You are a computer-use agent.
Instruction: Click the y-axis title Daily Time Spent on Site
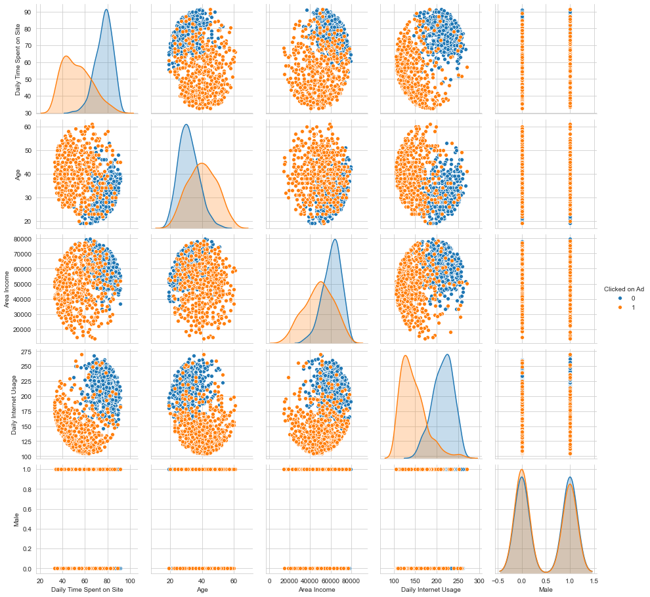[18, 60]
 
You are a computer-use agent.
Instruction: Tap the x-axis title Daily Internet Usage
[431, 590]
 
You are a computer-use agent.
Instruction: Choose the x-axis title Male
[546, 590]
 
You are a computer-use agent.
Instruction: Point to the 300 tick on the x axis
[478, 581]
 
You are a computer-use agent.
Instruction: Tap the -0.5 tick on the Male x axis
[498, 581]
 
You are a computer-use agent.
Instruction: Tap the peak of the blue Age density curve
[186, 125]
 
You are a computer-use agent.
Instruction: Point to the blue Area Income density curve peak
[336, 239]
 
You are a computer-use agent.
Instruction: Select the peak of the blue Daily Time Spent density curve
[106, 9]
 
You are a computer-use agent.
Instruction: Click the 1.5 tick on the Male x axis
[594, 581]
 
